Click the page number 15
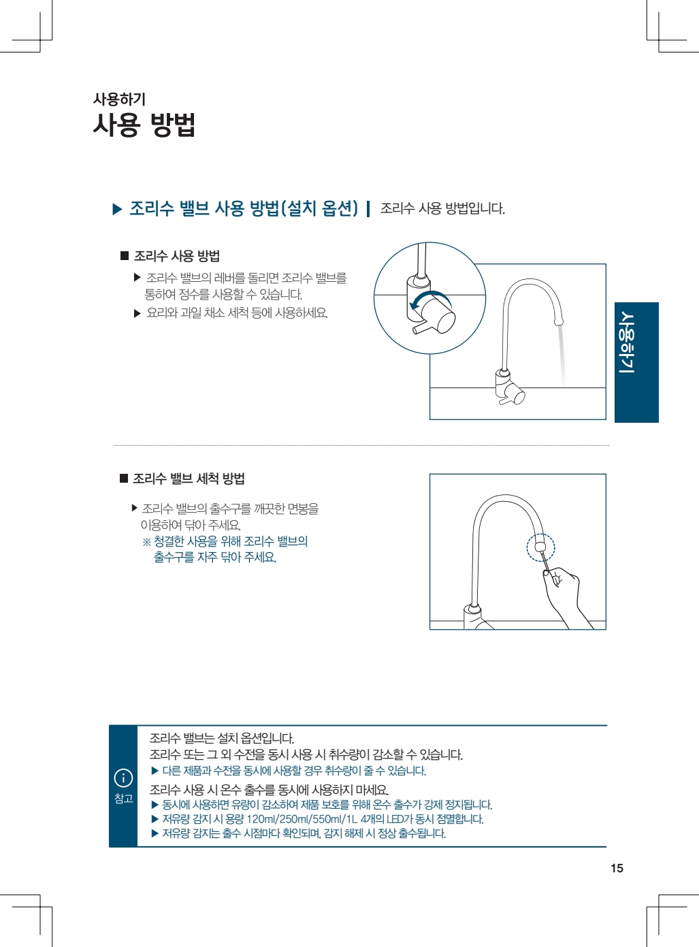click(x=617, y=868)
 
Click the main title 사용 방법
click(x=144, y=125)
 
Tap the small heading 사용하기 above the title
click(x=120, y=99)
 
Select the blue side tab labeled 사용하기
click(x=636, y=362)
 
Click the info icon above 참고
click(x=123, y=778)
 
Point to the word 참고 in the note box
click(x=123, y=799)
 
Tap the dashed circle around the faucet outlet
click(x=540, y=547)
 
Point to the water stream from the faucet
click(x=562, y=355)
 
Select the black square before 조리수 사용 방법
click(x=125, y=256)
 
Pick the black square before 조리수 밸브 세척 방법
click(x=124, y=478)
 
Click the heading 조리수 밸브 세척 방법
click(x=189, y=479)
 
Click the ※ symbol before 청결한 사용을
click(x=146, y=542)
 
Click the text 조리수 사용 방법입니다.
click(x=442, y=209)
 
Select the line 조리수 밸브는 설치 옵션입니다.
click(x=222, y=738)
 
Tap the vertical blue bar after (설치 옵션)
click(x=368, y=209)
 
